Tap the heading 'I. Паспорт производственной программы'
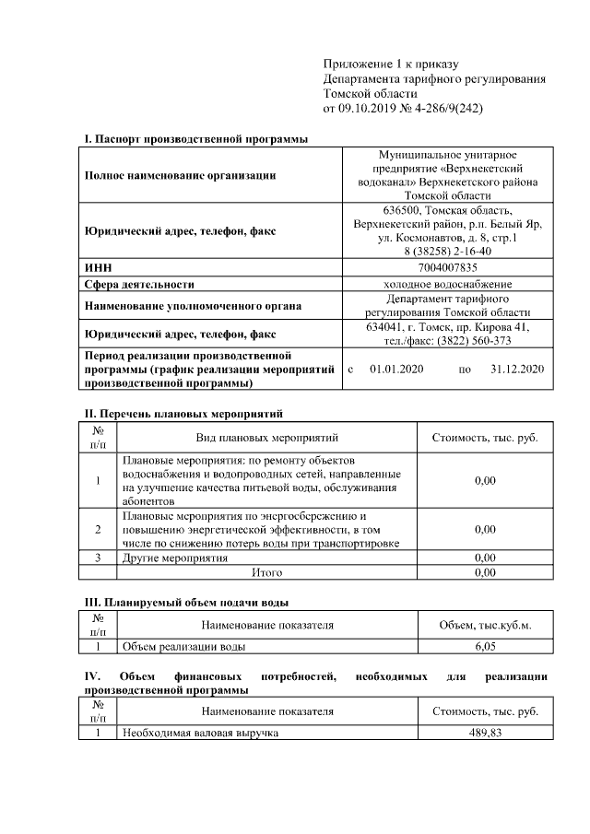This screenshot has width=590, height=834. click(x=195, y=139)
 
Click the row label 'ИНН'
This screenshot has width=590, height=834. click(x=98, y=267)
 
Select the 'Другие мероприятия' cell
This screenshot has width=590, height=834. click(x=174, y=558)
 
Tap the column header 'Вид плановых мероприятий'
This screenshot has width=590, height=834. click(x=267, y=437)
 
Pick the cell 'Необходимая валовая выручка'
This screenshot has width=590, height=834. click(x=200, y=733)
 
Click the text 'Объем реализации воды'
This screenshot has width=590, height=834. click(x=183, y=647)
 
